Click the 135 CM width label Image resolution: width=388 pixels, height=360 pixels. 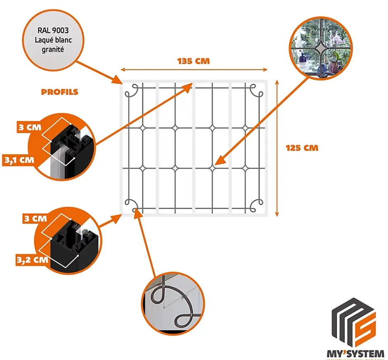click(x=194, y=61)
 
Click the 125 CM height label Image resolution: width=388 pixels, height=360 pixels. click(x=302, y=147)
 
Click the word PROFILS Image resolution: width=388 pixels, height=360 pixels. click(x=59, y=92)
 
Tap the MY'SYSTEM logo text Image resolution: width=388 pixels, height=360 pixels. click(x=355, y=353)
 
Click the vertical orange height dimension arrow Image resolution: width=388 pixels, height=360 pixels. click(x=277, y=148)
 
